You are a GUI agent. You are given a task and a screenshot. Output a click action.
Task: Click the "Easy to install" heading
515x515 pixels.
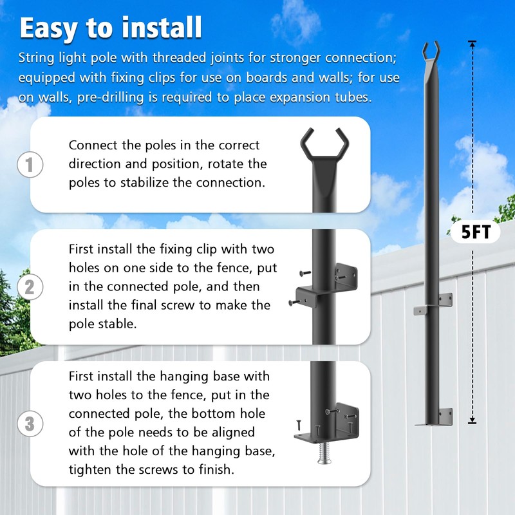click(110, 28)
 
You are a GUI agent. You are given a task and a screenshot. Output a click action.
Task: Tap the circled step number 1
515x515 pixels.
click(30, 164)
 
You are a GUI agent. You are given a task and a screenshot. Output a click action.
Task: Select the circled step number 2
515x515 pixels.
click(30, 287)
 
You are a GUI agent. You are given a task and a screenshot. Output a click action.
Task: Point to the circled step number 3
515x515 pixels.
click(30, 424)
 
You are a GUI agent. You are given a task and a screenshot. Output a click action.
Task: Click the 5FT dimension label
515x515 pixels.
click(476, 232)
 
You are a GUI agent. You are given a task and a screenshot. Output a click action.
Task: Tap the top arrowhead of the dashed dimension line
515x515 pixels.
click(472, 44)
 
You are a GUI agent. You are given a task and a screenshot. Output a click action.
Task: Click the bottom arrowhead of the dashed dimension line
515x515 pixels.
click(472, 420)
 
